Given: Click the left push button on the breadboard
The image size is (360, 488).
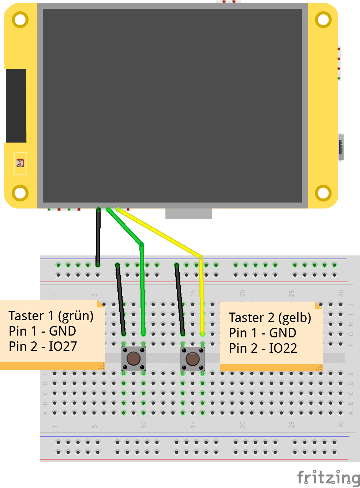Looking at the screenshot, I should click(134, 359).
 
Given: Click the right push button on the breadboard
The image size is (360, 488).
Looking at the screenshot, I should click(192, 359).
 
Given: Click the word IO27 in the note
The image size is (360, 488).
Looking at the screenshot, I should click(63, 347).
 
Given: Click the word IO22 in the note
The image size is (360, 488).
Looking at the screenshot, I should click(283, 348).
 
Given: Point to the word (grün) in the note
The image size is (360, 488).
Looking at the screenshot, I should click(76, 316).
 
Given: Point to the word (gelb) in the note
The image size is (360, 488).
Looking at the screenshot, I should click(295, 318).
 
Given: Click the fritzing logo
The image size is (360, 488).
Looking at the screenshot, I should click(328, 477).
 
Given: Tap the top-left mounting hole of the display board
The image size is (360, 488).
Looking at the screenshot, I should click(20, 20).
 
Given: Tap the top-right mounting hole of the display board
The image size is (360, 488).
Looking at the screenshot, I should click(323, 20).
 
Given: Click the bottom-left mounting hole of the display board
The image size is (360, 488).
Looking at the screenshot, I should click(20, 193).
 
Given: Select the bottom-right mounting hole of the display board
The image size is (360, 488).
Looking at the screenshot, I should click(323, 193).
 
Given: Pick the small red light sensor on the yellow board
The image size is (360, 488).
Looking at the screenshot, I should click(20, 163).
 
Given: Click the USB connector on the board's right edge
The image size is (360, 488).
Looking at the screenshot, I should click(341, 147).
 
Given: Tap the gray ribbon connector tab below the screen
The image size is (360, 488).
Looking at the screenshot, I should click(188, 213).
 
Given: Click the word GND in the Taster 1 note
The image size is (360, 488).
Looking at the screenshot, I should click(63, 331).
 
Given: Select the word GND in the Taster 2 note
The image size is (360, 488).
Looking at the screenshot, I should click(283, 333).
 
